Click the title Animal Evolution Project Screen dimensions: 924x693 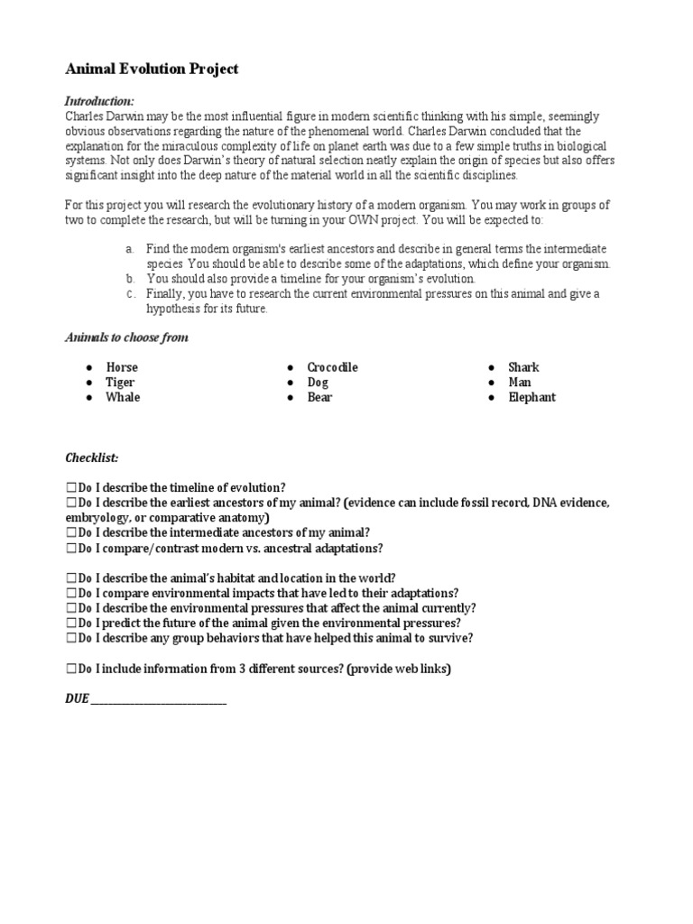pyautogui.click(x=152, y=69)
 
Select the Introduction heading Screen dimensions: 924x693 pyautogui.click(x=99, y=101)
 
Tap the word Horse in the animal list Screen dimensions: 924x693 pyautogui.click(x=122, y=367)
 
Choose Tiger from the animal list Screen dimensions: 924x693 pyautogui.click(x=121, y=383)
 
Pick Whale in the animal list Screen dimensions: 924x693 pyautogui.click(x=123, y=397)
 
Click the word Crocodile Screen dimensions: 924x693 pyautogui.click(x=332, y=367)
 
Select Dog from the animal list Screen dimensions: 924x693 pyautogui.click(x=318, y=383)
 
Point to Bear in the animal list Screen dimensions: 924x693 pyautogui.click(x=319, y=397)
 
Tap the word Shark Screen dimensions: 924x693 pyautogui.click(x=523, y=367)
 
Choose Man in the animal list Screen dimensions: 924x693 pyautogui.click(x=520, y=383)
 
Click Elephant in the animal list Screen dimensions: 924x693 pyautogui.click(x=531, y=397)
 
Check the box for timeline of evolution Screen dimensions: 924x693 pyautogui.click(x=71, y=487)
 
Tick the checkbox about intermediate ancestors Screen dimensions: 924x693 pyautogui.click(x=71, y=532)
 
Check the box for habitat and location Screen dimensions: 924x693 pyautogui.click(x=71, y=577)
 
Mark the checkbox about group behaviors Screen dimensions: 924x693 pyautogui.click(x=71, y=638)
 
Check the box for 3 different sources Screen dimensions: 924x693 pyautogui.click(x=71, y=669)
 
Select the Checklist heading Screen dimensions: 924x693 pyautogui.click(x=91, y=457)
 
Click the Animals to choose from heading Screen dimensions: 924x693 pyautogui.click(x=127, y=337)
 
